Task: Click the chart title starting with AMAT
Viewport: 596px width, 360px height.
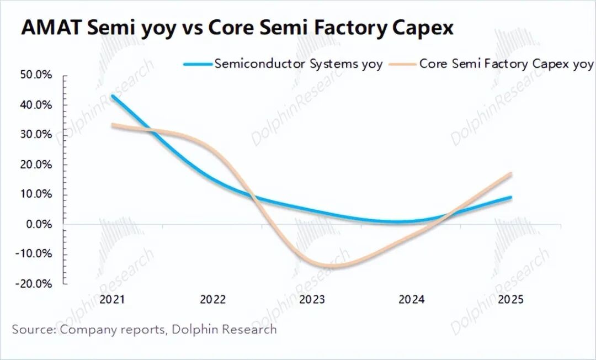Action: click(237, 28)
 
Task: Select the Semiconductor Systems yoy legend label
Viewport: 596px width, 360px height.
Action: click(298, 63)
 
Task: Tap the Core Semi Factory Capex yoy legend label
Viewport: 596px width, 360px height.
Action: click(506, 63)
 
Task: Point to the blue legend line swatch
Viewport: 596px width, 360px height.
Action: click(198, 64)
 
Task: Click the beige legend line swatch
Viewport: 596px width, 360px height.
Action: click(402, 64)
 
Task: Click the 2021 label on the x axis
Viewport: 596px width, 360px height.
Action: click(113, 300)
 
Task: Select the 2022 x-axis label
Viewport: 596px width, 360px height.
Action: click(212, 300)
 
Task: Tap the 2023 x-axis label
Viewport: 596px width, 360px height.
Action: click(312, 300)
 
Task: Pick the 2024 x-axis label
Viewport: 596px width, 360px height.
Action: click(411, 300)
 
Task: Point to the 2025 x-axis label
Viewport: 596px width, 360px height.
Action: click(510, 300)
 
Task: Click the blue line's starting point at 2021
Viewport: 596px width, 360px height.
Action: click(113, 96)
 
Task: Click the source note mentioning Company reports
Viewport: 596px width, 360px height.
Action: click(145, 330)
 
